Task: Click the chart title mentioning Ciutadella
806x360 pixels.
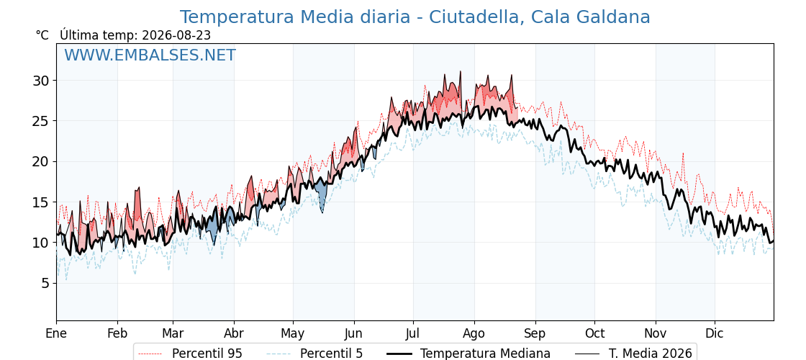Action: (415, 17)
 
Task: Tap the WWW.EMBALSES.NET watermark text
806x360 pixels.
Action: (150, 55)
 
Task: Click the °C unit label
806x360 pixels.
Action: (42, 35)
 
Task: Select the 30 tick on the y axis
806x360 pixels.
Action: (42, 81)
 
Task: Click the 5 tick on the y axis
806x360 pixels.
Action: (46, 284)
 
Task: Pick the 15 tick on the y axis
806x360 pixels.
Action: (42, 202)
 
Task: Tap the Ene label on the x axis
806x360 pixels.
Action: (56, 334)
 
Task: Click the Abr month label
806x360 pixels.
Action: (234, 334)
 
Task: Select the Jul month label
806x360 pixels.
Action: (413, 334)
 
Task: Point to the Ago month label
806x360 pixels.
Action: (474, 334)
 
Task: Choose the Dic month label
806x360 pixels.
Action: (715, 334)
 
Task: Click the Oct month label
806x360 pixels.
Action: (594, 334)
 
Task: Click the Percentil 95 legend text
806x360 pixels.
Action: (207, 354)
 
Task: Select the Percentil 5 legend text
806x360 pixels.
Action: (332, 354)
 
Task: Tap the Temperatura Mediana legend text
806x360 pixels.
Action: (485, 354)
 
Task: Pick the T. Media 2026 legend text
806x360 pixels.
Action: (651, 354)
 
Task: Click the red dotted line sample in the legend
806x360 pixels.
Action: (151, 354)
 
